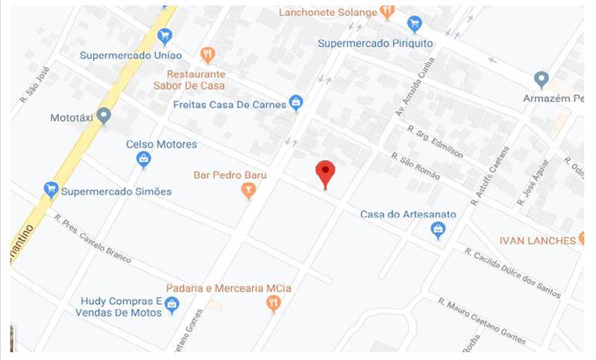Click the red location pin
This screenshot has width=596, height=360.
pyautogui.click(x=325, y=173)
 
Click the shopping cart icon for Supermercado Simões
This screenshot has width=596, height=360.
pyautogui.click(x=51, y=189)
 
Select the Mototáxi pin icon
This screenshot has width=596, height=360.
pyautogui.click(x=104, y=116)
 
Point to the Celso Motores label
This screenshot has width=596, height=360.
pyautogui.click(x=161, y=144)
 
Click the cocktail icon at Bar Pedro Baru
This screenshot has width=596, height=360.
pyautogui.click(x=248, y=191)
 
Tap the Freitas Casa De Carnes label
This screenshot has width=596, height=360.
pyautogui.click(x=229, y=104)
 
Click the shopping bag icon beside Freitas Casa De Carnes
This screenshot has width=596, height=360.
pyautogui.click(x=296, y=101)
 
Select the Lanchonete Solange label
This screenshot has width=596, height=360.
pyautogui.click(x=327, y=12)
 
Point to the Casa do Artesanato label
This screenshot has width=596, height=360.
pyautogui.click(x=408, y=215)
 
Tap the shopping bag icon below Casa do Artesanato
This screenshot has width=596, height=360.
pyautogui.click(x=439, y=231)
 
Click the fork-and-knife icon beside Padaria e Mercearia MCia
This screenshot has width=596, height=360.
pyautogui.click(x=274, y=303)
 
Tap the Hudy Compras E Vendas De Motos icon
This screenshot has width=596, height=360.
pyautogui.click(x=172, y=304)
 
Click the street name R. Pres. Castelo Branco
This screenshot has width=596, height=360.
pyautogui.click(x=92, y=238)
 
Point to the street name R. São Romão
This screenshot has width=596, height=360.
pyautogui.click(x=415, y=166)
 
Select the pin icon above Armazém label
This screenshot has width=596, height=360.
pyautogui.click(x=542, y=79)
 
